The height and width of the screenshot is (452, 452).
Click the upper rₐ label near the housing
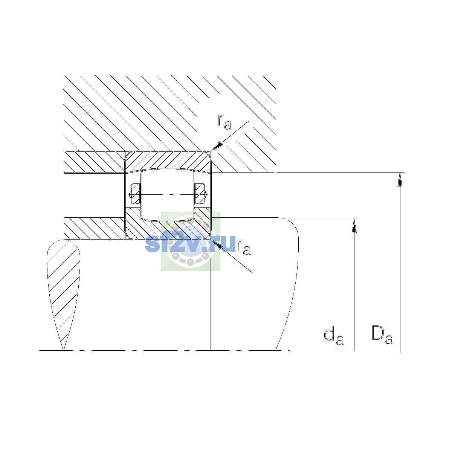click(x=225, y=122)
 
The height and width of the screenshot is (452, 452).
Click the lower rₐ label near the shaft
click(x=244, y=247)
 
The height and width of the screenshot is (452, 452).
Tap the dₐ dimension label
click(x=334, y=336)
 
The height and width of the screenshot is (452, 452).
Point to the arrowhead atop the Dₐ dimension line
click(x=400, y=179)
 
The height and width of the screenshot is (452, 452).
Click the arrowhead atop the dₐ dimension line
click(x=354, y=225)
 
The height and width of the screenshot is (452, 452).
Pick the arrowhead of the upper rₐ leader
click(x=216, y=147)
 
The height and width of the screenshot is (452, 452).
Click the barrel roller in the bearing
click(x=168, y=195)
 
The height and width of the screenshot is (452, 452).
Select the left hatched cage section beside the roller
click(x=136, y=194)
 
